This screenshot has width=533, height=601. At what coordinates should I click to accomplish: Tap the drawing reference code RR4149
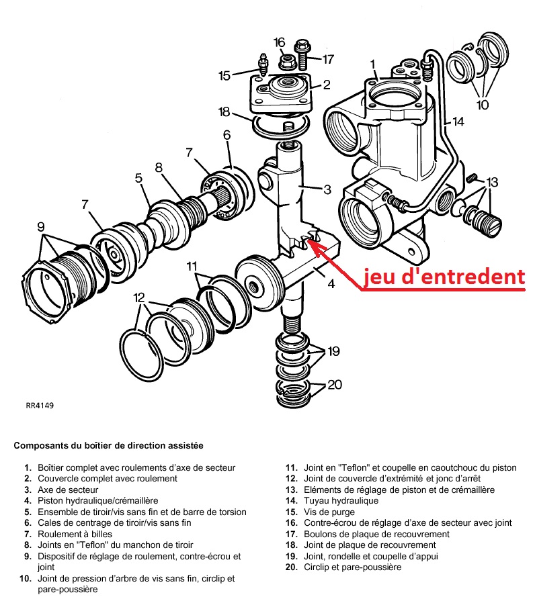pos(40,405)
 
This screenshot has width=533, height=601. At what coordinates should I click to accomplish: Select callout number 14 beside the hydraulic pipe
pos(458,122)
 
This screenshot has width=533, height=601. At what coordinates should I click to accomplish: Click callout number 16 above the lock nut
pos(280,42)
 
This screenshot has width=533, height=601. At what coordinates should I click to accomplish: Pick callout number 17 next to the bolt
pos(327,59)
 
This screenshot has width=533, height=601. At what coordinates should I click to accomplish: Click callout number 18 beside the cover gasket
pos(224,111)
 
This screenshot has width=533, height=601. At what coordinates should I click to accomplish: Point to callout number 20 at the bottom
pos(335,385)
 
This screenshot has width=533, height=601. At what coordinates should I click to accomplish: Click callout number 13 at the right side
pos(492,181)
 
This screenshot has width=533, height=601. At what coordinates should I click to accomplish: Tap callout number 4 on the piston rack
pos(330,284)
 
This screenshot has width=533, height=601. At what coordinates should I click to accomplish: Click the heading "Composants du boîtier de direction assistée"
pos(108,445)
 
